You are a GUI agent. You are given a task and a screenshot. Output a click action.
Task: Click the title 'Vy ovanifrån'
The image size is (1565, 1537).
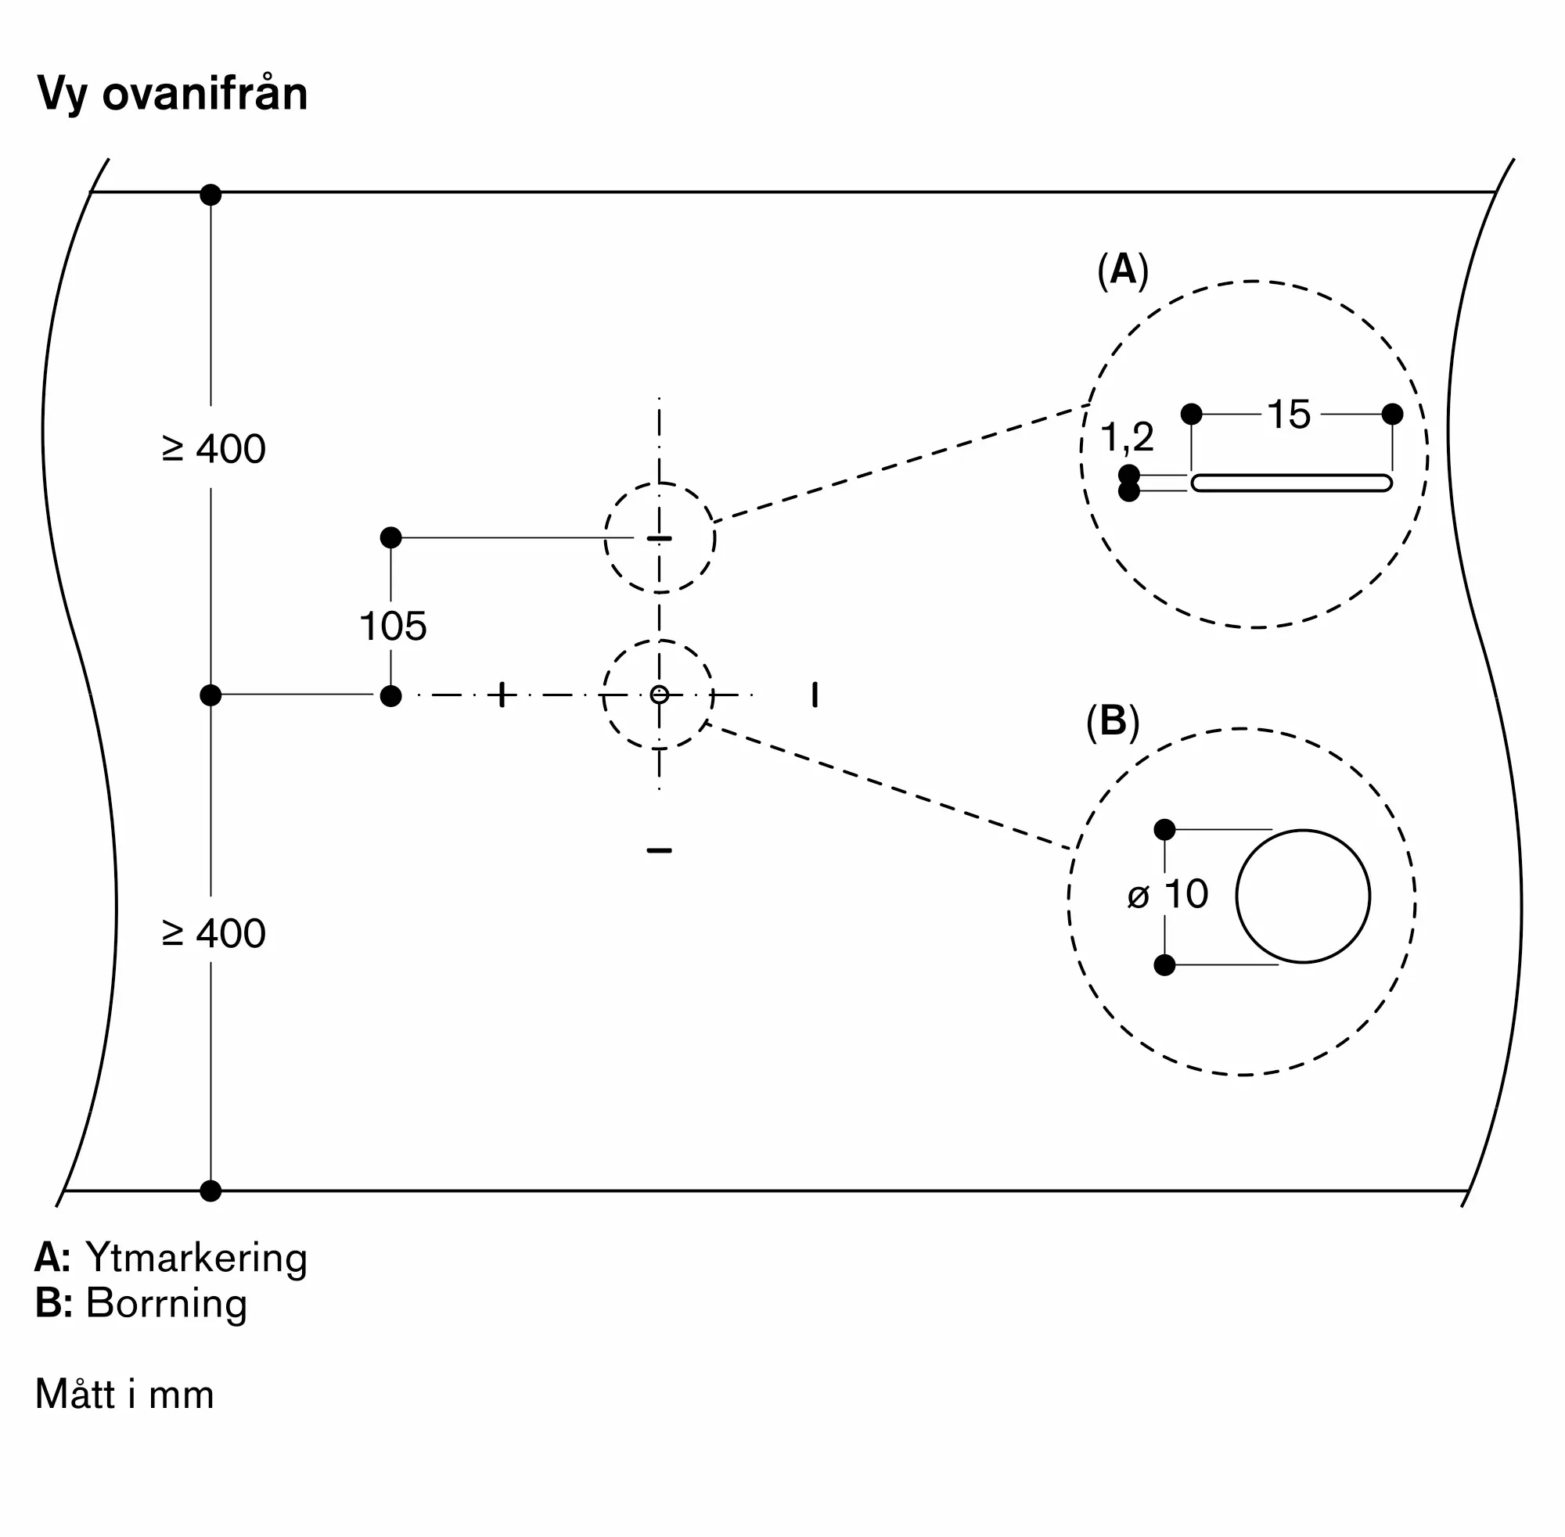point(172,95)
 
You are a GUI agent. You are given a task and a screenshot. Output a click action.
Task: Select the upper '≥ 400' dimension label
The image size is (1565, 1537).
point(214,449)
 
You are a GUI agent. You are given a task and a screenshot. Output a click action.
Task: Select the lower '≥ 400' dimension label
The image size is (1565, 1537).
point(214,933)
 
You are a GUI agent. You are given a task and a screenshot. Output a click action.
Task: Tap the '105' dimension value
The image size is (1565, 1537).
point(393,627)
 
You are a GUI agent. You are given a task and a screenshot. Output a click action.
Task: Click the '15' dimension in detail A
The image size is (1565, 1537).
point(1289,415)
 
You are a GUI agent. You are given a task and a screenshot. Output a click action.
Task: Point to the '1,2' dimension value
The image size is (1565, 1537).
point(1128,438)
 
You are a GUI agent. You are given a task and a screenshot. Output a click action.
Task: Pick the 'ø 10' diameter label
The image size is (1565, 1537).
point(1167,894)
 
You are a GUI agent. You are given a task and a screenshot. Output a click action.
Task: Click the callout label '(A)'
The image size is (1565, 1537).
point(1122,270)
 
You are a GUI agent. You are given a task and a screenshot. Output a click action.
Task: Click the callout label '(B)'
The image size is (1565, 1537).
point(1113,721)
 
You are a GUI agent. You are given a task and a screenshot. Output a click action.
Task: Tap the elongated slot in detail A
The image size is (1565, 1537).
point(1291,483)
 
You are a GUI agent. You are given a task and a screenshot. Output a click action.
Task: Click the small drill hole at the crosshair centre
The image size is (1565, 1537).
point(660,695)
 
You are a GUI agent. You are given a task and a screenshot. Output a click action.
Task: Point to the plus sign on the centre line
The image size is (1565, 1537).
point(502,695)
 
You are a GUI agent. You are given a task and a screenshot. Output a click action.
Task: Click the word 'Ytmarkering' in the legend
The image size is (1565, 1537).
point(196,1259)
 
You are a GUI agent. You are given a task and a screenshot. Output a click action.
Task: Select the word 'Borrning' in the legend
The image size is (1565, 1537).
point(167,1304)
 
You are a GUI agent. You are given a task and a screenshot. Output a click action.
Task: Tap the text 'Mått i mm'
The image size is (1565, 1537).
point(124,1394)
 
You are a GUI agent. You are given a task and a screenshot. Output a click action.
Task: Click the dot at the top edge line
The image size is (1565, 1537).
point(210,195)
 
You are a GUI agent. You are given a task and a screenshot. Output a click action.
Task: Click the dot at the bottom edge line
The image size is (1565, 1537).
point(210,1190)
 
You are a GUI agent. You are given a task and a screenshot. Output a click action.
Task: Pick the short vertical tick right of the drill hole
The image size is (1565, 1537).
point(815,695)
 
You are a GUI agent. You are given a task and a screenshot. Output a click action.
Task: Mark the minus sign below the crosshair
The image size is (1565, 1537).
point(659,850)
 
